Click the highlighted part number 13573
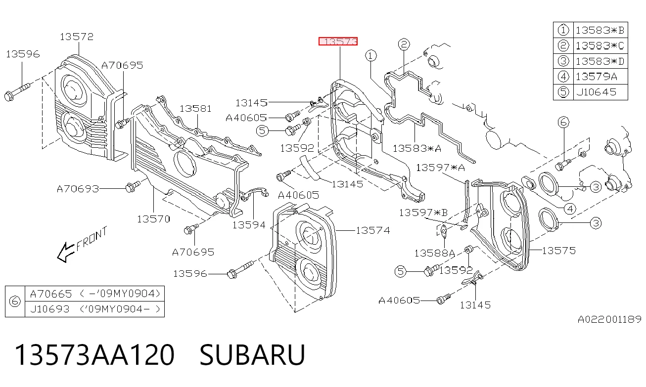338,42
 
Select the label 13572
77,37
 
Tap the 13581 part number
195,109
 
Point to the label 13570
153,219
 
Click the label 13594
249,225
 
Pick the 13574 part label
373,230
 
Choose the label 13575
559,251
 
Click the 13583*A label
417,148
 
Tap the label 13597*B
423,213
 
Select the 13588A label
435,253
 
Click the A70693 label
78,189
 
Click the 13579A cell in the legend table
596,77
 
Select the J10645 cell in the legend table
596,92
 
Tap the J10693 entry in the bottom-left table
50,309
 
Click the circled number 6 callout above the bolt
563,122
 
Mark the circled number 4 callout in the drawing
570,209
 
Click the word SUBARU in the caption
252,355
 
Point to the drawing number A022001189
609,319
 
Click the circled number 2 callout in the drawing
404,44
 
